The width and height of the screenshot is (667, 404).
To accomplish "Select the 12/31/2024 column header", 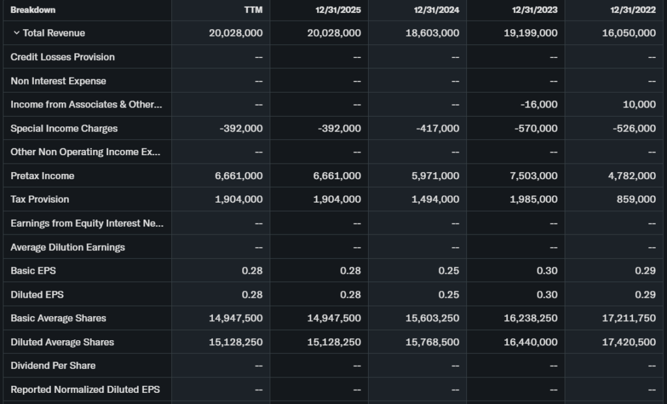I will [x=436, y=10].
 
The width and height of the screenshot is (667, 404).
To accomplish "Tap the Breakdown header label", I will [x=33, y=10].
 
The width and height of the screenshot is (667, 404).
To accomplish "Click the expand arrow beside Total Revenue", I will [x=16, y=33].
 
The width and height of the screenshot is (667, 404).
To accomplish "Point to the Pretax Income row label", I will [x=42, y=176].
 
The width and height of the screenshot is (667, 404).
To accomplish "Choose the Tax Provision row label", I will [x=40, y=199].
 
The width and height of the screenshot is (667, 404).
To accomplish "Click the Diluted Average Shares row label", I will [x=62, y=342].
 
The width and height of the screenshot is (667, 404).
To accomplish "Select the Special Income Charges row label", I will [x=64, y=128].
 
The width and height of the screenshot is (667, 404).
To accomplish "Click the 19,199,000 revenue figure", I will [x=530, y=33].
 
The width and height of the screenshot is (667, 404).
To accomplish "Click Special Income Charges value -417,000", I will [x=438, y=128].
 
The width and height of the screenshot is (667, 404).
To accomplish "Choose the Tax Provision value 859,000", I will [x=635, y=199].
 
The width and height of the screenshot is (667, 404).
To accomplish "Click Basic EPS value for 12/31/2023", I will [x=547, y=270].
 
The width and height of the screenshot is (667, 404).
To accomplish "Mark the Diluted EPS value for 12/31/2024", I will [x=449, y=295].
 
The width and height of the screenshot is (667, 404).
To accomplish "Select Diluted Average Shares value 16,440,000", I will [x=530, y=342].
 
